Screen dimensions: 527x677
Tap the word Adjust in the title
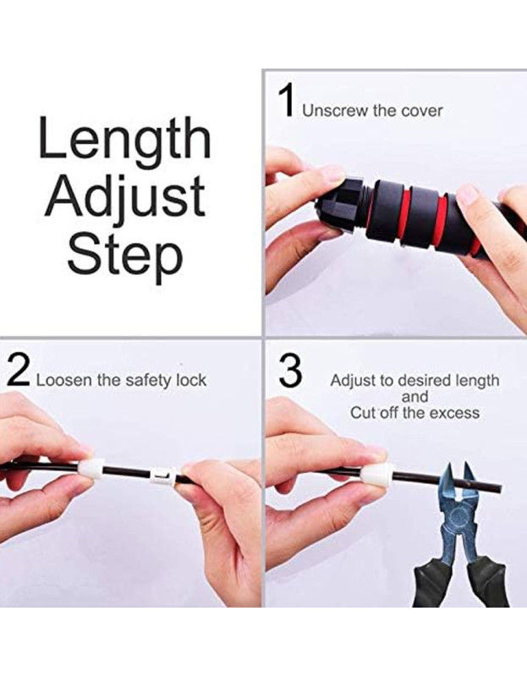point(125,198)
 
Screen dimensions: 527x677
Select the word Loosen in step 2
point(64,380)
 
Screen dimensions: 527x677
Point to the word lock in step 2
point(191,380)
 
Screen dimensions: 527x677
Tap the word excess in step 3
point(457,413)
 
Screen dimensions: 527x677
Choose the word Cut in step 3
point(362,413)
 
